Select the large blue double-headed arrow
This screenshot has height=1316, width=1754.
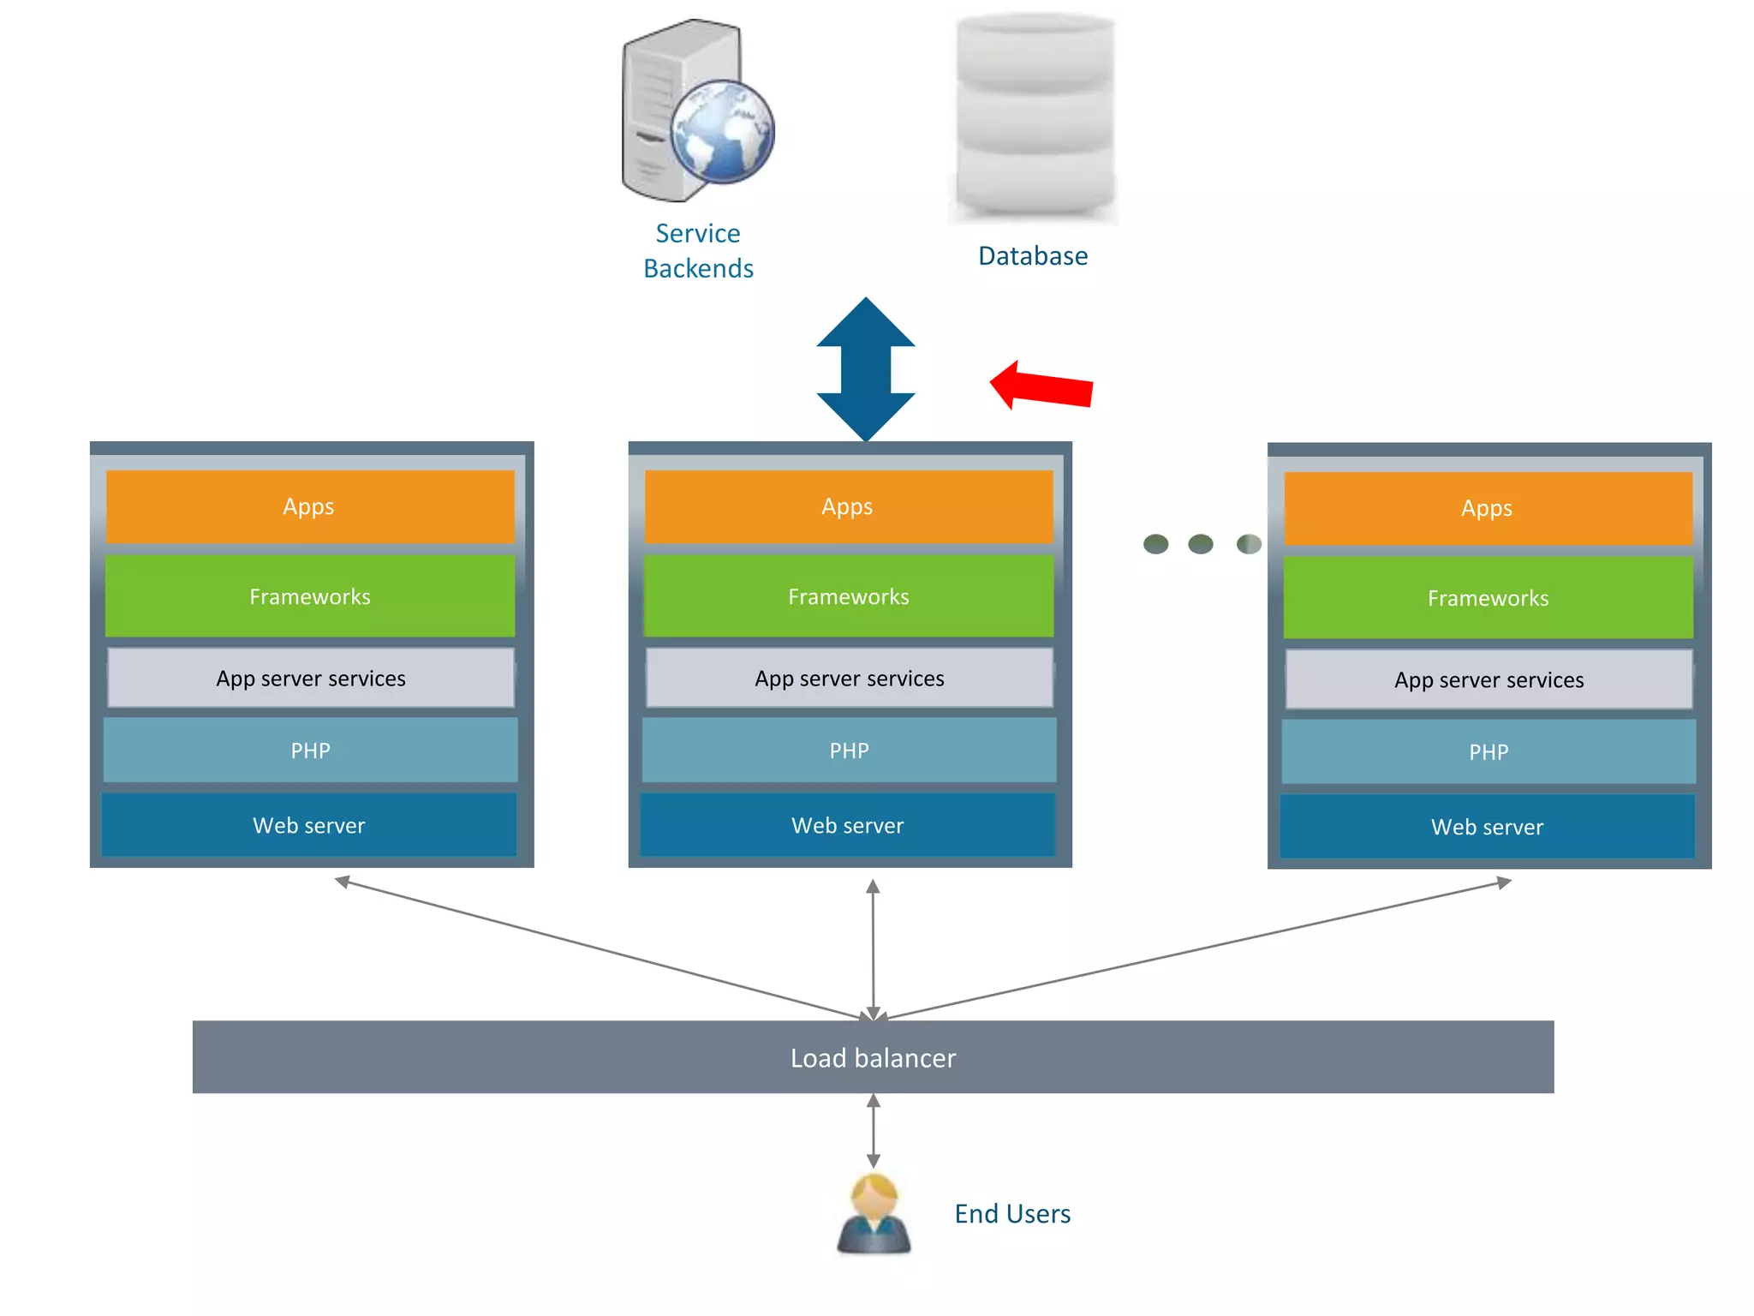[x=866, y=369]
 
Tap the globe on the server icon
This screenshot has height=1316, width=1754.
[x=722, y=132]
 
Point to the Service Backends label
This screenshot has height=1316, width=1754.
[x=698, y=251]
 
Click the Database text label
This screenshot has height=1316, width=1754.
[x=1033, y=256]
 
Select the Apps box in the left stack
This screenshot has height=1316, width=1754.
[x=310, y=506]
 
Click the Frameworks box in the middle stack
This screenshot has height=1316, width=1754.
[x=848, y=596]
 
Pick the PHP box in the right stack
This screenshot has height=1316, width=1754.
[x=1489, y=751]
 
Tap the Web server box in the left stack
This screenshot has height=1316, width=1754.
[x=309, y=825]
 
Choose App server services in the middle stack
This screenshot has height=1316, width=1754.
[x=849, y=678]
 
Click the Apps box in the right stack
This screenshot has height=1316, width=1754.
[x=1488, y=508]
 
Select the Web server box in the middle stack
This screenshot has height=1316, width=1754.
[x=848, y=825]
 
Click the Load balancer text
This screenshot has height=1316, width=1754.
[x=873, y=1058]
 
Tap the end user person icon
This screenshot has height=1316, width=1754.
[x=874, y=1214]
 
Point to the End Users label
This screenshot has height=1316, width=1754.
[x=1012, y=1214]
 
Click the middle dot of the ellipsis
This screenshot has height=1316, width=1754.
[x=1201, y=544]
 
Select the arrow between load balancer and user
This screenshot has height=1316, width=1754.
[x=873, y=1131]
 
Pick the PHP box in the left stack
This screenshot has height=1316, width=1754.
[x=310, y=751]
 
